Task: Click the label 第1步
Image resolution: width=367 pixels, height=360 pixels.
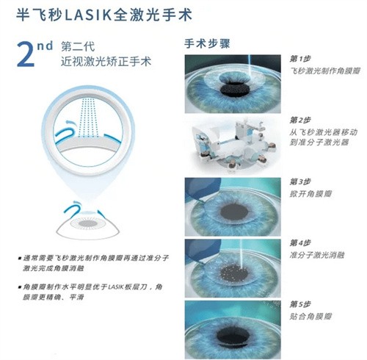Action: [300, 58]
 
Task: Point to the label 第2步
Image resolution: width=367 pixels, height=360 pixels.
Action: [300, 119]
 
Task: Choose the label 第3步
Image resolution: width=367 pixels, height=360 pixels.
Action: [300, 181]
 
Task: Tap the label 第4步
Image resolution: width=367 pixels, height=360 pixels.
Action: [300, 242]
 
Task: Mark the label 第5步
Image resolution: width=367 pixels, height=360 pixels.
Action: [300, 304]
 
